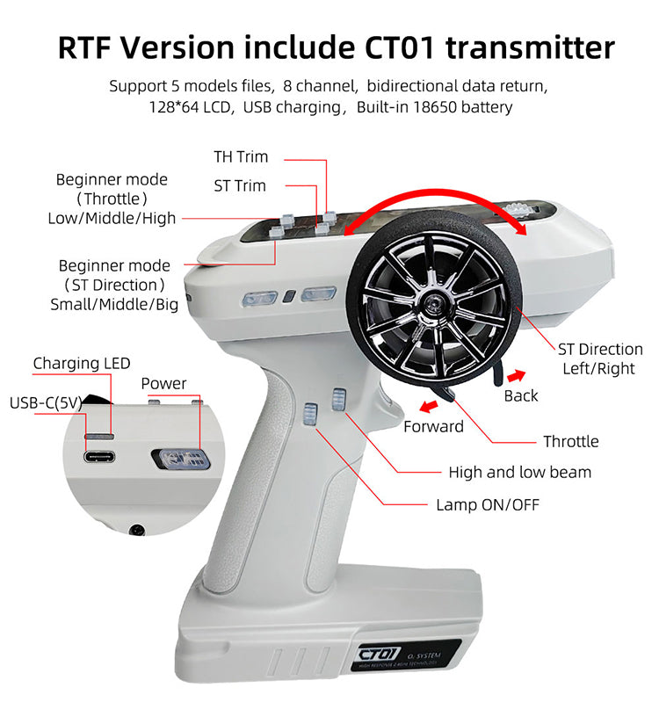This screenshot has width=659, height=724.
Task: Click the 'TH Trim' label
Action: click(241, 157)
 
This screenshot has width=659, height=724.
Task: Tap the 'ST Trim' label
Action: click(240, 186)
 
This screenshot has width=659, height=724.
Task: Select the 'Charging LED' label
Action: click(82, 364)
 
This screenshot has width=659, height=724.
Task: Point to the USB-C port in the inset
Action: click(99, 457)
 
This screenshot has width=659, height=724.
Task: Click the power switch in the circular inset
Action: click(180, 460)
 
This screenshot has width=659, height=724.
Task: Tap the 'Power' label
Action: click(163, 384)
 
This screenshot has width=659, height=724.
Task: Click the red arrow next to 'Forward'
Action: click(429, 407)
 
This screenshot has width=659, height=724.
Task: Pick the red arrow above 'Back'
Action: click(516, 376)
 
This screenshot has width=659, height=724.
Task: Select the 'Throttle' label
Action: click(571, 442)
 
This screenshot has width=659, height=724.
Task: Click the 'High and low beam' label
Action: click(519, 473)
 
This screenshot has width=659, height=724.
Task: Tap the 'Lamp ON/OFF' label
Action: click(488, 504)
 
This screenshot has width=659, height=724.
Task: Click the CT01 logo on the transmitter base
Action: click(379, 654)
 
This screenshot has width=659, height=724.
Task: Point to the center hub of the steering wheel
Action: click(433, 304)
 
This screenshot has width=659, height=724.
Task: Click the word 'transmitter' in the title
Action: click(531, 47)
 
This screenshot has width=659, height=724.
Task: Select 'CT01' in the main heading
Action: click(400, 47)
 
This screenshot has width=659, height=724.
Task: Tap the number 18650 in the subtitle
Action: click(435, 107)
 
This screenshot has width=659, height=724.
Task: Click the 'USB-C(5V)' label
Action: click(46, 403)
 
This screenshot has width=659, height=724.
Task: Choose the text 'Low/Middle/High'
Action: click(112, 218)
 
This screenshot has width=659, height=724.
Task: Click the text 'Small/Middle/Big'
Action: click(114, 304)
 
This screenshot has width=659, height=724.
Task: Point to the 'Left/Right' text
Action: click(598, 369)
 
